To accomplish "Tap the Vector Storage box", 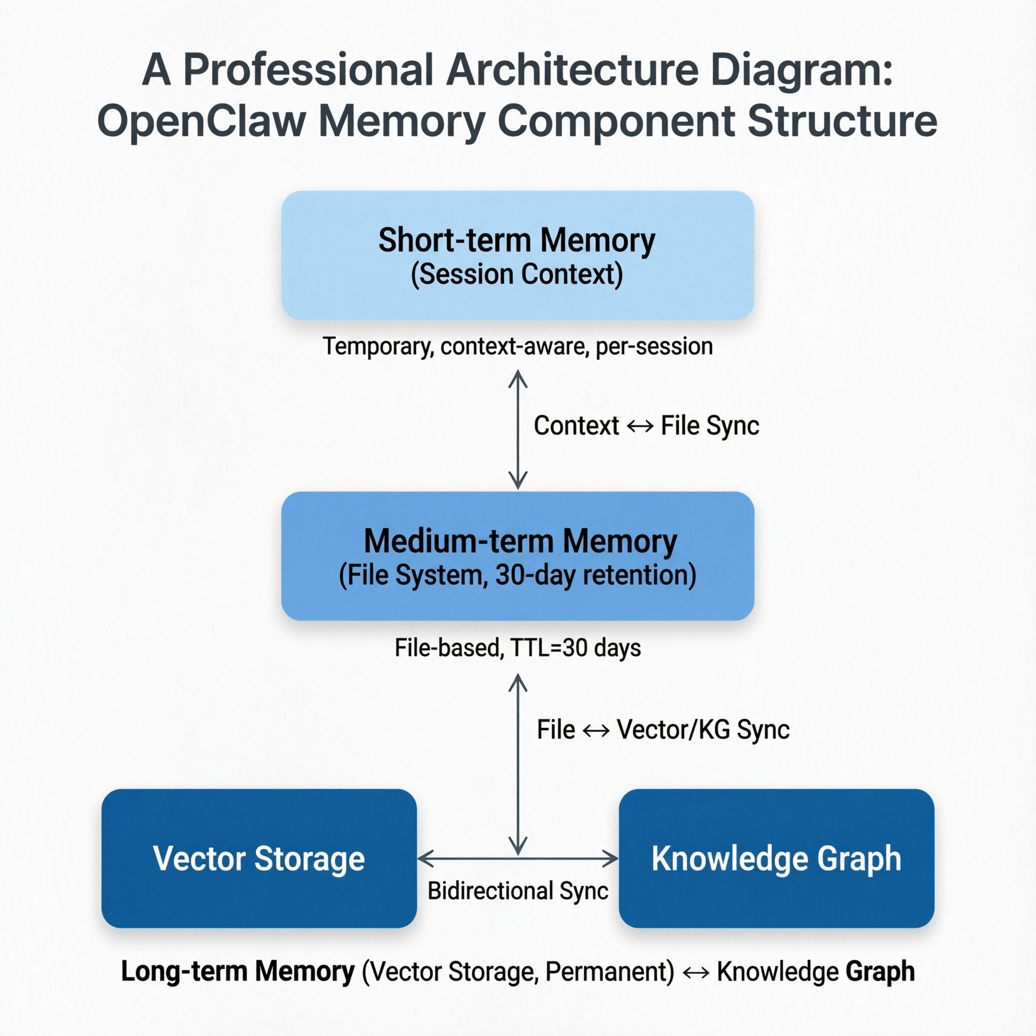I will (259, 858).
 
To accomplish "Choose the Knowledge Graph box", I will (776, 858).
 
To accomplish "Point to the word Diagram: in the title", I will (801, 70).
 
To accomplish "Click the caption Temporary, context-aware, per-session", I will (517, 347).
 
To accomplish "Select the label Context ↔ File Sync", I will (646, 426).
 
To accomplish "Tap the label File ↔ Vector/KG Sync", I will (663, 730).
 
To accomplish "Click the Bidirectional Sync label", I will (517, 891).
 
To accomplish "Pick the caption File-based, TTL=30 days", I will (517, 648).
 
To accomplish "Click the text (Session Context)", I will (517, 275).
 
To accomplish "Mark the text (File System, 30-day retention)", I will (517, 575).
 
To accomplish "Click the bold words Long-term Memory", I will (238, 971).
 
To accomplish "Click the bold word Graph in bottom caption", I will (880, 971).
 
